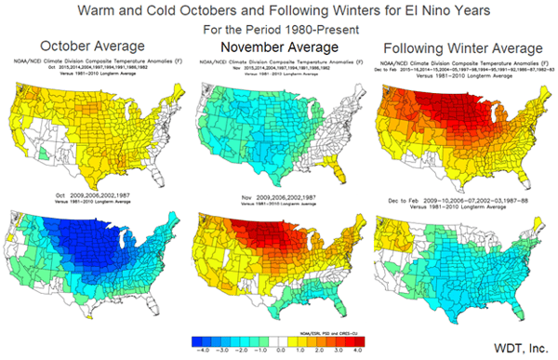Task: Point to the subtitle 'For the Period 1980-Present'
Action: [278, 30]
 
